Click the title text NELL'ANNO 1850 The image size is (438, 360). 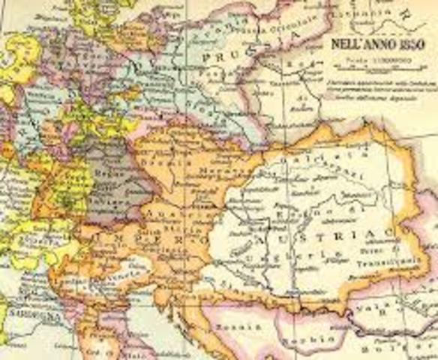(x=374, y=44)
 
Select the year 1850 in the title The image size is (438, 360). (x=409, y=44)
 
